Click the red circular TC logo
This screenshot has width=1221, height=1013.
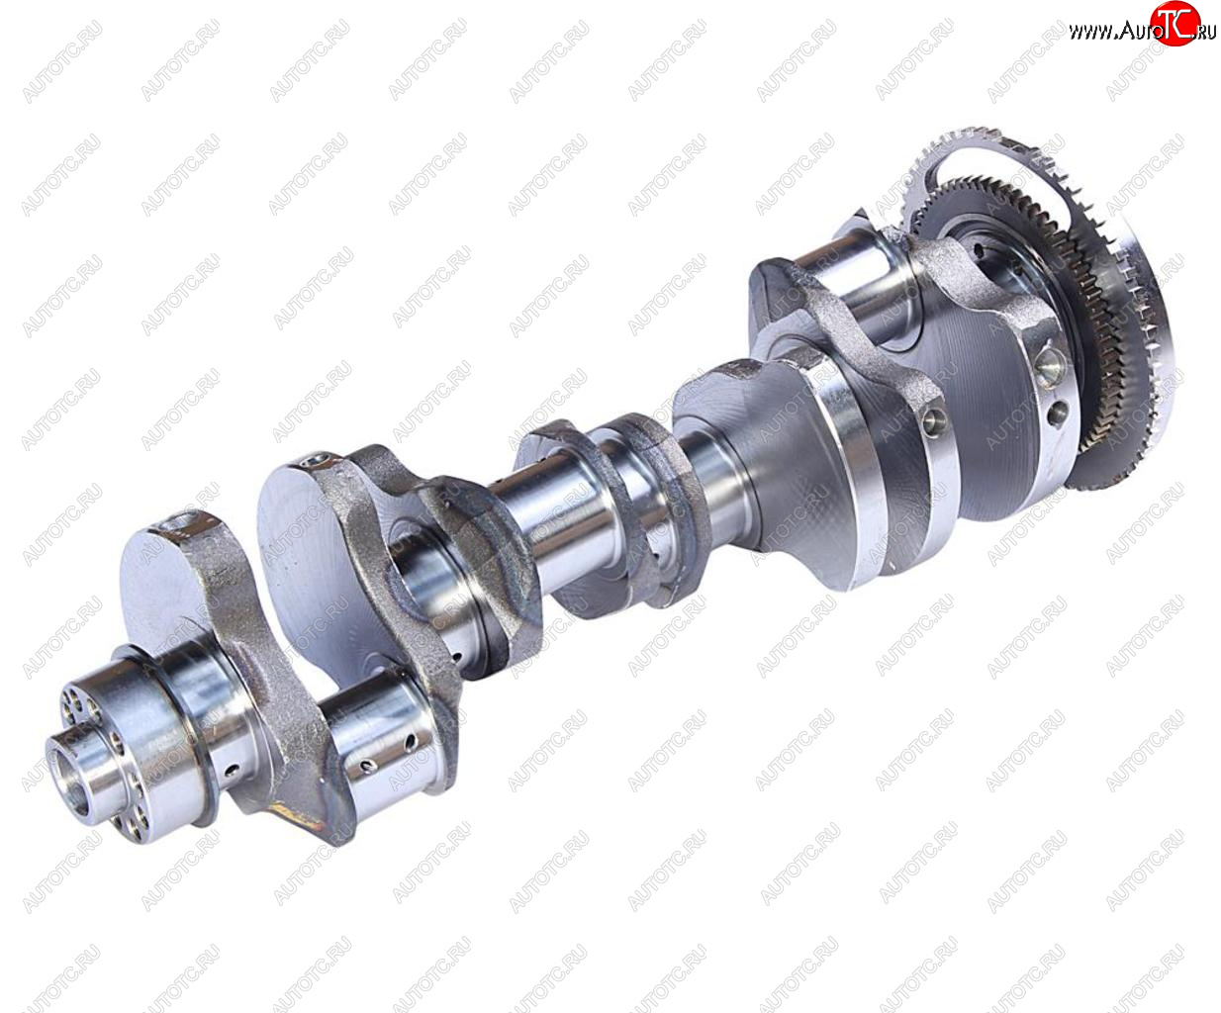pos(1174,23)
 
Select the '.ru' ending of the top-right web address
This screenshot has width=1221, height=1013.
pos(1206,33)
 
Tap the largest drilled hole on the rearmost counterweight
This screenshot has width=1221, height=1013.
pos(1050,364)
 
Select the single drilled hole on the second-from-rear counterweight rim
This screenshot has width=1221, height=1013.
pos(934,419)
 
